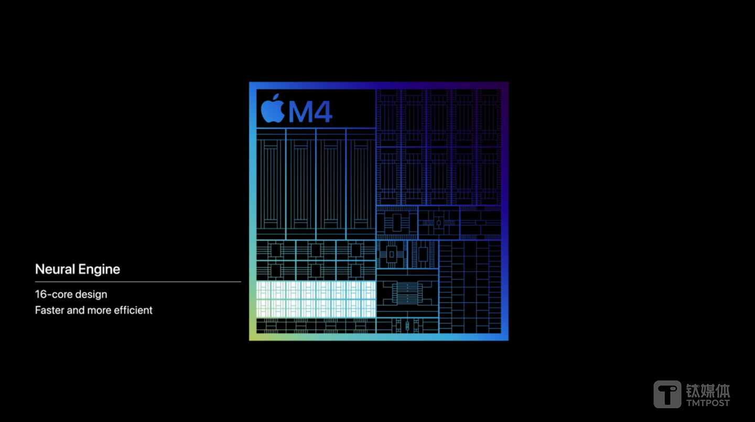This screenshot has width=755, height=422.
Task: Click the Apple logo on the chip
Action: (x=273, y=108)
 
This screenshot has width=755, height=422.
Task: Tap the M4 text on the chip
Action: (x=310, y=112)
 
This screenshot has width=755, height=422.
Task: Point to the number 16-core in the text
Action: (x=49, y=294)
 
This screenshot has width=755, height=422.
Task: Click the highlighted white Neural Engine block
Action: (x=316, y=299)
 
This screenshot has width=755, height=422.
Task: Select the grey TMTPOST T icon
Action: (x=667, y=394)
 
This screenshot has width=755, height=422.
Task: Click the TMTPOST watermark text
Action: (x=708, y=403)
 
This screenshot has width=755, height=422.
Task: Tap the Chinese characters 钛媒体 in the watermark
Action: (x=708, y=391)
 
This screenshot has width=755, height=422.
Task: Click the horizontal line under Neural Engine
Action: (x=138, y=282)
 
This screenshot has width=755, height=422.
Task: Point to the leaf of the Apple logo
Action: (x=276, y=97)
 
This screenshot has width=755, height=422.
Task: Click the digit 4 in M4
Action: (x=323, y=112)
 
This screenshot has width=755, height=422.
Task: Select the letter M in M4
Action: (x=300, y=112)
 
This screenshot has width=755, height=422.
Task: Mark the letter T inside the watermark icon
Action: (x=667, y=395)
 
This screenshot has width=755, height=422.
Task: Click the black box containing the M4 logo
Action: (x=316, y=108)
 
